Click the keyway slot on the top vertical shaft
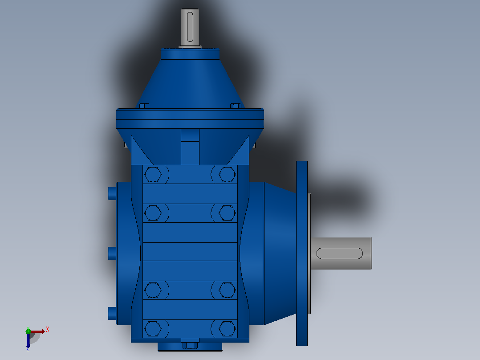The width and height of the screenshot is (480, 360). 190,27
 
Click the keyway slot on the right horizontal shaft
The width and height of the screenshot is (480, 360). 339,254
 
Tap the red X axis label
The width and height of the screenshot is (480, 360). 48,330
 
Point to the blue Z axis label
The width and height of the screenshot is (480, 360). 28,349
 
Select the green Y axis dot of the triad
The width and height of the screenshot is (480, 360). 28,331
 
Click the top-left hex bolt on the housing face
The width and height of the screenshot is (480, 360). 153,174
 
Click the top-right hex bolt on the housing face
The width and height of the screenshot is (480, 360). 227,174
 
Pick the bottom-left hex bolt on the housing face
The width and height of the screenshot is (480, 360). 153,329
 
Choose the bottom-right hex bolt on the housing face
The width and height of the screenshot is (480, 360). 227,329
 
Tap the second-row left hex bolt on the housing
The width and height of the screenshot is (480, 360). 153,213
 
